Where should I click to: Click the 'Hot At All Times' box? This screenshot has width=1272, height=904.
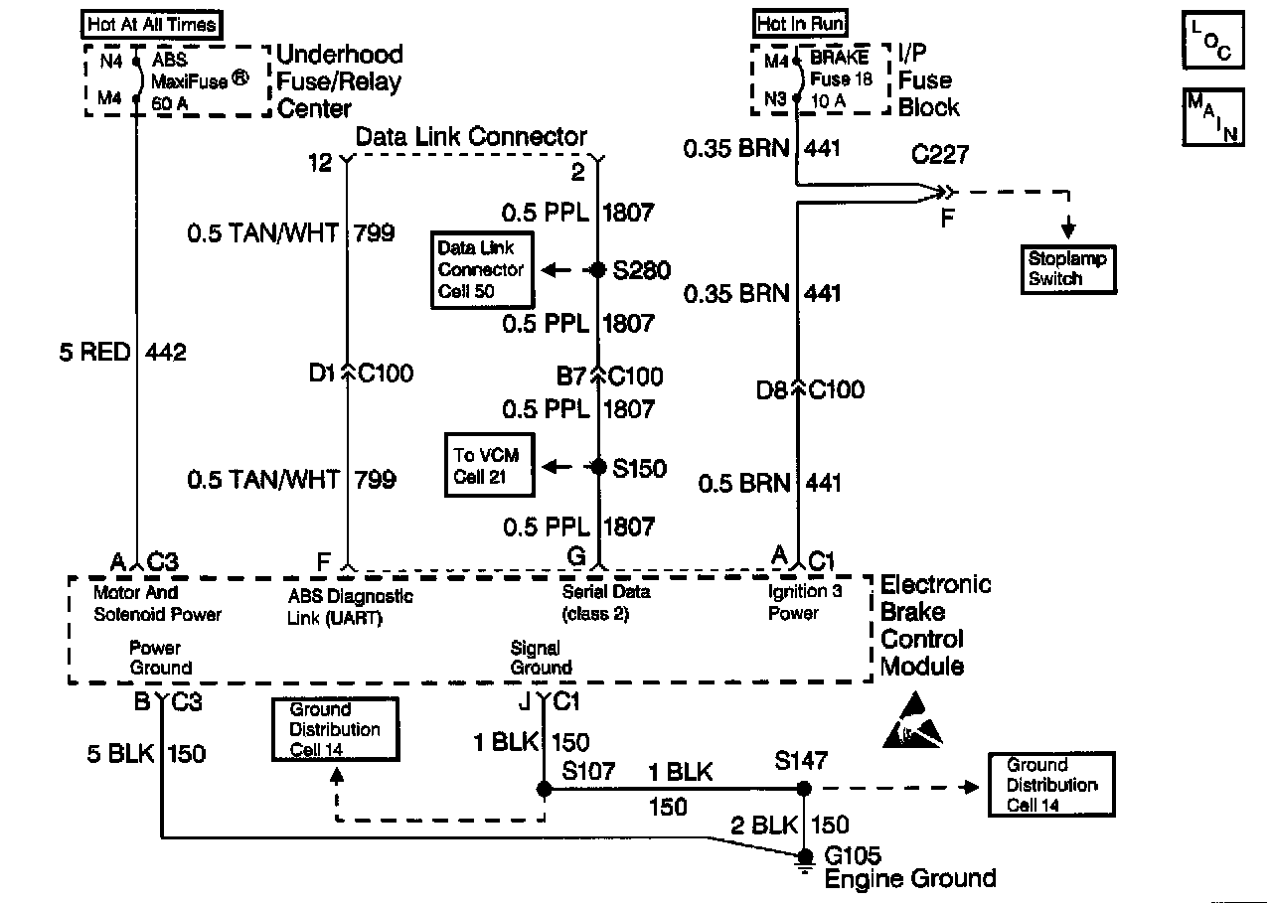click(x=152, y=24)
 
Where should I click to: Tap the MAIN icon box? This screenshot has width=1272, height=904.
click(x=1212, y=117)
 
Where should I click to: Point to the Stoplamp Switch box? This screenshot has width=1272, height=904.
click(x=1067, y=269)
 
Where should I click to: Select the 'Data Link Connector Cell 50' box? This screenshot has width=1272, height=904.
click(x=482, y=269)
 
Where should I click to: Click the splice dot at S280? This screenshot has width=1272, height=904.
click(x=597, y=269)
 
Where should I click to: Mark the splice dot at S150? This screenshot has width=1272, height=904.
click(x=597, y=467)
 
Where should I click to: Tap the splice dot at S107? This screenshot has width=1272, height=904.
click(x=544, y=789)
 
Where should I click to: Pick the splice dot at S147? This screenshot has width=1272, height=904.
click(x=804, y=789)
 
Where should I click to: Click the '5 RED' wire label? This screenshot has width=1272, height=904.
click(x=95, y=353)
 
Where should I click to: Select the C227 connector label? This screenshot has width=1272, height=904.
click(x=940, y=156)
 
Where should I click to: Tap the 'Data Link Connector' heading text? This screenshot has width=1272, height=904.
click(x=471, y=136)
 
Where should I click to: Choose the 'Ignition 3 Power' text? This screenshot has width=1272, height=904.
click(x=804, y=602)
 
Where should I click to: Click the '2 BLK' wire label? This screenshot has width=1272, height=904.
click(x=765, y=825)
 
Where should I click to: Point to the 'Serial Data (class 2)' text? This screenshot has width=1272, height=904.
click(x=605, y=602)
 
